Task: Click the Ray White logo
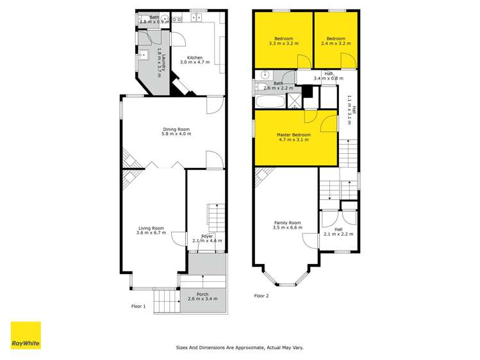pyautogui.click(x=26, y=336)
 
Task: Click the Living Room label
pyautogui.click(x=151, y=228)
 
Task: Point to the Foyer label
pyautogui.click(x=207, y=236)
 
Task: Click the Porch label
pyautogui.click(x=202, y=295)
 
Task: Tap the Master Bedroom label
pyautogui.click(x=294, y=135)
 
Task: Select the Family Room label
pyautogui.click(x=286, y=223)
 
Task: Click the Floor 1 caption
pyautogui.click(x=138, y=306)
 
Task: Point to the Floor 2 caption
pyautogui.click(x=261, y=296)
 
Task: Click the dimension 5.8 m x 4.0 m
pyautogui.click(x=176, y=134)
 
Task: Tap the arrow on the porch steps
pyautogui.click(x=203, y=279)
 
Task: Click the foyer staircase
pyautogui.click(x=216, y=218)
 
